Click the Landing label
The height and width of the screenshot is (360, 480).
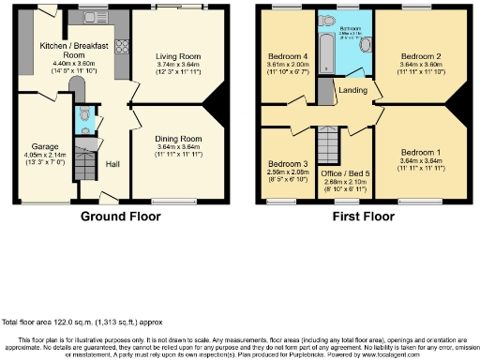[x=353, y=90]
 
